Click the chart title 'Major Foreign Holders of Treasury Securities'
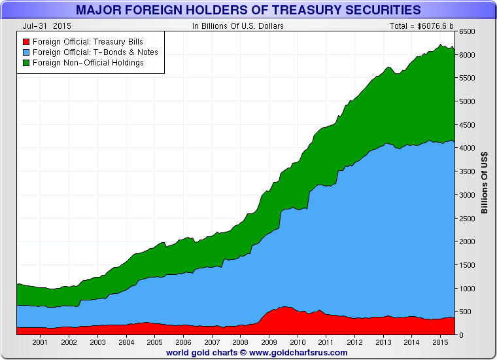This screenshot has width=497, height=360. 248,10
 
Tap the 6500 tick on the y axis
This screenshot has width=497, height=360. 466,31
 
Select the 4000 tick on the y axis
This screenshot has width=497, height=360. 466,148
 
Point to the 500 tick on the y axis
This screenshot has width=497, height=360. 464,312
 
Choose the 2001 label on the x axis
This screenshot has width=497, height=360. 40,342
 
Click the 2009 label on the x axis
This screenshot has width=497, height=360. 269,342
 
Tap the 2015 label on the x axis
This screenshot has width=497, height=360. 440,342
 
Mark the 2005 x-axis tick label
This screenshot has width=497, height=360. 154,342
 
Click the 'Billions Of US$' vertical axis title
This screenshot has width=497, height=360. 485,183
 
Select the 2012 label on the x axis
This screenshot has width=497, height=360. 354,342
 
